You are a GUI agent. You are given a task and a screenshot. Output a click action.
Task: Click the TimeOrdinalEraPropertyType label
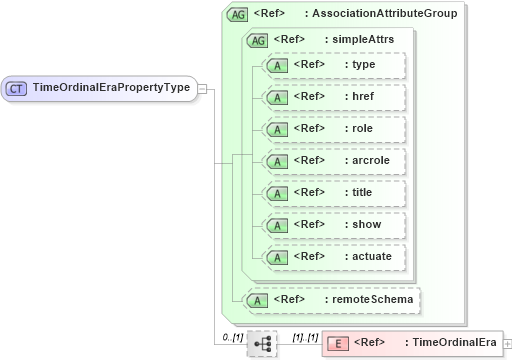(111, 87)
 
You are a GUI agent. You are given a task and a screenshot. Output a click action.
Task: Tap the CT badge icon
(17, 88)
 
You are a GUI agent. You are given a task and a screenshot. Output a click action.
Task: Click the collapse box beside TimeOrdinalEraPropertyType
(202, 88)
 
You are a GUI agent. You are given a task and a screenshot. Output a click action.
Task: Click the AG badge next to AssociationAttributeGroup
(238, 14)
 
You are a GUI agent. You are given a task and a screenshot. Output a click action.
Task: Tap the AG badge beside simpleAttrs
(257, 40)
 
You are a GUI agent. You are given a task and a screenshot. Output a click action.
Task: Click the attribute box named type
(333, 65)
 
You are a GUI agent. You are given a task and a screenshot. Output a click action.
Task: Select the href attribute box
(333, 97)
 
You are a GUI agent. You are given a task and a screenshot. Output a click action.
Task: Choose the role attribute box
(333, 129)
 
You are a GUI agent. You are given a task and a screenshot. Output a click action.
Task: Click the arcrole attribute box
(333, 161)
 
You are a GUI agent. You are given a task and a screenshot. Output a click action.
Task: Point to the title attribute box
(333, 193)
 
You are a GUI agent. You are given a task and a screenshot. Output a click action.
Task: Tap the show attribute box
(333, 225)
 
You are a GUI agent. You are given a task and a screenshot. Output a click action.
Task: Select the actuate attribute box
(333, 257)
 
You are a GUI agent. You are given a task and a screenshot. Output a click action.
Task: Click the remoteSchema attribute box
(333, 299)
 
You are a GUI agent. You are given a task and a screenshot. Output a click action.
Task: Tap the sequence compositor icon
(262, 343)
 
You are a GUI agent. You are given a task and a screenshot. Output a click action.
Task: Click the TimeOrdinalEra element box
(412, 343)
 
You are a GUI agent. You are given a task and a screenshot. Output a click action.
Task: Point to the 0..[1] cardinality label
(232, 336)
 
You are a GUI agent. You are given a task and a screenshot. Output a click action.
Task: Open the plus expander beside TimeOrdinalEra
(507, 344)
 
